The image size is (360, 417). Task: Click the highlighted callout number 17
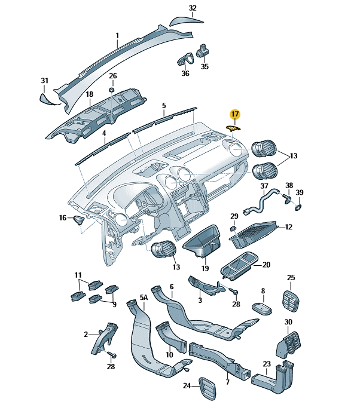pyautogui.click(x=234, y=113)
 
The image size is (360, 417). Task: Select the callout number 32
pyautogui.click(x=192, y=8)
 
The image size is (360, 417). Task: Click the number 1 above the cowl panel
pyautogui.click(x=117, y=35)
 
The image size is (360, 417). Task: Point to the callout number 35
pyautogui.click(x=205, y=66)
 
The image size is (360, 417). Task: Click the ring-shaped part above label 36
pyautogui.click(x=184, y=59)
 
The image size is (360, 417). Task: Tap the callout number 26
pyautogui.click(x=112, y=76)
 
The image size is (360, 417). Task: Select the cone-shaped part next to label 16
pyautogui.click(x=78, y=220)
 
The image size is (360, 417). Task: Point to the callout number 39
pyautogui.click(x=300, y=192)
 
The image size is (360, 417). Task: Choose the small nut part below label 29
pyautogui.click(x=233, y=229)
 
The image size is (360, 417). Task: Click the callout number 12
pyautogui.click(x=288, y=227)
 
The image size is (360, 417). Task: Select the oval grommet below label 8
pyautogui.click(x=261, y=308)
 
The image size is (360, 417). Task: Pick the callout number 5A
pyautogui.click(x=144, y=297)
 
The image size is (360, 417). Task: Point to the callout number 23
pyautogui.click(x=266, y=364)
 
